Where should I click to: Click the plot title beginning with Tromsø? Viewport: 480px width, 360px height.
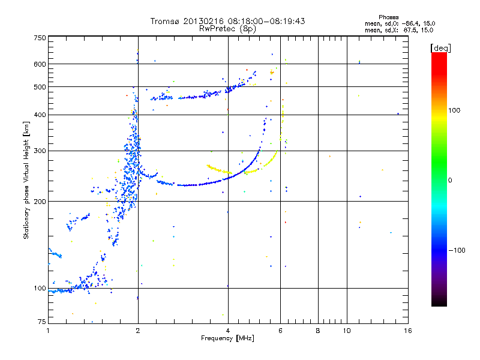point(227,21)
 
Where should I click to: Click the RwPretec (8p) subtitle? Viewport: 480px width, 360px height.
point(227,28)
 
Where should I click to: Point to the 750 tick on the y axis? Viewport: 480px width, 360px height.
point(40,38)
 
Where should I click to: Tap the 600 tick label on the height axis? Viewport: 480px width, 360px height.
point(40,64)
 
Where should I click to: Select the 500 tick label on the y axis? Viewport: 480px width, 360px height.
point(40,87)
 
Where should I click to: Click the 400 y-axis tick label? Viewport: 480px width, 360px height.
point(40,115)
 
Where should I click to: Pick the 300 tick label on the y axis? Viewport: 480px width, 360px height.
point(40,151)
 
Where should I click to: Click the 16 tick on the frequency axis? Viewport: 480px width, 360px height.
point(407,331)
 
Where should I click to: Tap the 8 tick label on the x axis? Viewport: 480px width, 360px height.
point(318,331)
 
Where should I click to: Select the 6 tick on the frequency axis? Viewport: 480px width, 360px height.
point(280,331)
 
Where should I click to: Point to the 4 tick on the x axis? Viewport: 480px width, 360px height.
point(228,331)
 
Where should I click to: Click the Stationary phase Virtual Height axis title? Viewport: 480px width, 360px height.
point(26,180)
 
